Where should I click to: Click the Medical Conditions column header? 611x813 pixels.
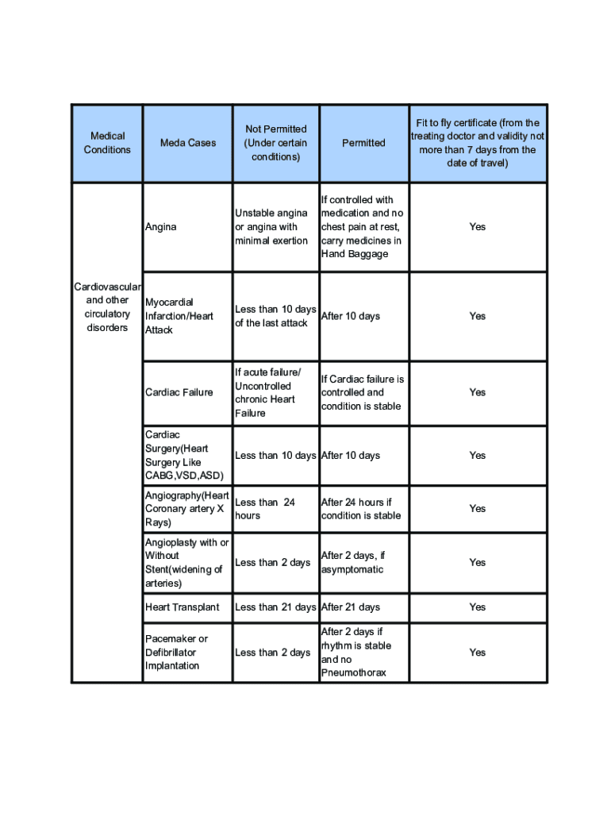point(107,143)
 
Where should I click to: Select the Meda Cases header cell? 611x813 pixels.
point(188,143)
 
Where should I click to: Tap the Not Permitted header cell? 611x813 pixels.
point(275,143)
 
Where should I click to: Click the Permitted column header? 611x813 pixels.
point(363,143)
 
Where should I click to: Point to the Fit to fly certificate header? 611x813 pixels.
point(477,143)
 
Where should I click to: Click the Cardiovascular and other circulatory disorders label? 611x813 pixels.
point(107,307)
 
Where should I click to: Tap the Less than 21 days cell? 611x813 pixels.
point(275,607)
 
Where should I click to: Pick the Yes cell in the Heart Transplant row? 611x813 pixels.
point(477,607)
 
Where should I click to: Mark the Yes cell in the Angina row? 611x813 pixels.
point(477,227)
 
